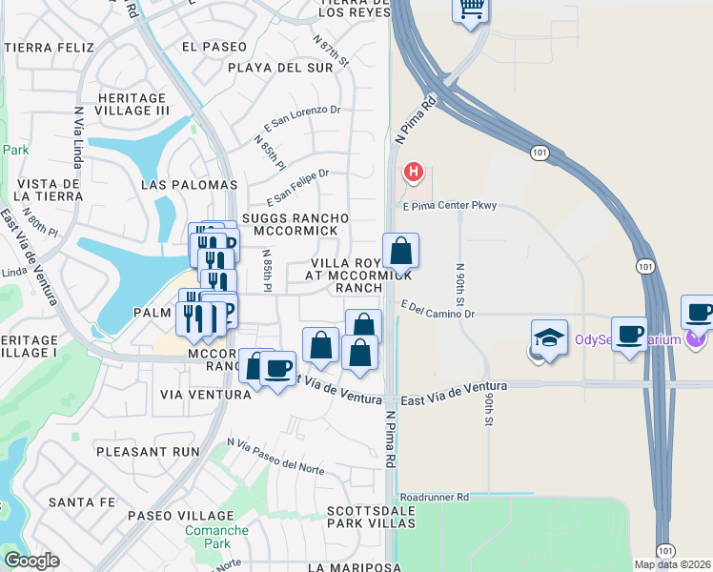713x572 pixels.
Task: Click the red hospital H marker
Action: (x=414, y=173)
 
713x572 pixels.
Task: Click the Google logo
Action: (x=31, y=560)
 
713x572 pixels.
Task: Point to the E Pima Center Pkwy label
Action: (x=449, y=206)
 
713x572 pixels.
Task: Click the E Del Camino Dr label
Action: (x=438, y=309)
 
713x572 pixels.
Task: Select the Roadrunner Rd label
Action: (x=435, y=497)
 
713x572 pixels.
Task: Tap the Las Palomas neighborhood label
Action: (x=188, y=185)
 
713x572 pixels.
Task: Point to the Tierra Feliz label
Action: (x=50, y=48)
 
